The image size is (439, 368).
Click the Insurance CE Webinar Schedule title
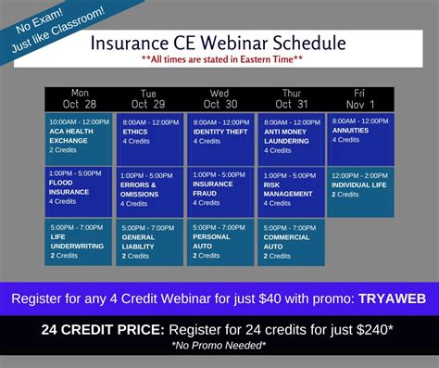[x=219, y=44]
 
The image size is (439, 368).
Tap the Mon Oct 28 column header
[x=79, y=98]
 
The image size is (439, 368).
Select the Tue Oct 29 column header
[x=150, y=99]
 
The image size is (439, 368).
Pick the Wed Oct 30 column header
[x=220, y=99]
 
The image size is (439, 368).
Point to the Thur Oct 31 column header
[x=290, y=99]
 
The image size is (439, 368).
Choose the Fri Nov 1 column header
[x=359, y=98]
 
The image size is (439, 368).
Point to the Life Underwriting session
[x=79, y=242]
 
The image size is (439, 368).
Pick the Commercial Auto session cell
[x=291, y=242]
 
